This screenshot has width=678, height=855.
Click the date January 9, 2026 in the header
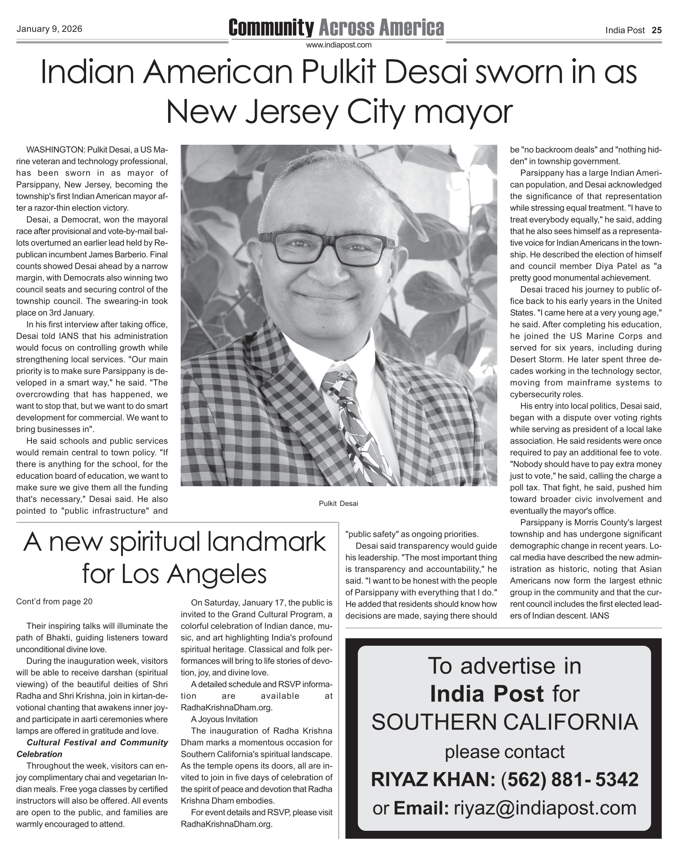pos(49,30)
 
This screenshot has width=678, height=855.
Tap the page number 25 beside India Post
pos(656,30)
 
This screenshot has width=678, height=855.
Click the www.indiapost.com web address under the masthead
pos(339,45)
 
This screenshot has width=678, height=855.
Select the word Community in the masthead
pos(271,28)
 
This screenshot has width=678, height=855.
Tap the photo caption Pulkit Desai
pos(339,504)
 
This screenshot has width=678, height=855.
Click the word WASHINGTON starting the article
pos(56,149)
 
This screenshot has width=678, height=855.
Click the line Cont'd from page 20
pos(54,601)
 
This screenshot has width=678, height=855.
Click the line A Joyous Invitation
pos(224,719)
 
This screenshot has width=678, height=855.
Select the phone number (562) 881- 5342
pos(569,780)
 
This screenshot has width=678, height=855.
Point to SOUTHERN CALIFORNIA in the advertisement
pos(504,722)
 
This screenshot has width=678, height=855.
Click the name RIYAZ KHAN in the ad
pos(430,780)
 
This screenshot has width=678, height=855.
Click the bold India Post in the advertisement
pos(487,694)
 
